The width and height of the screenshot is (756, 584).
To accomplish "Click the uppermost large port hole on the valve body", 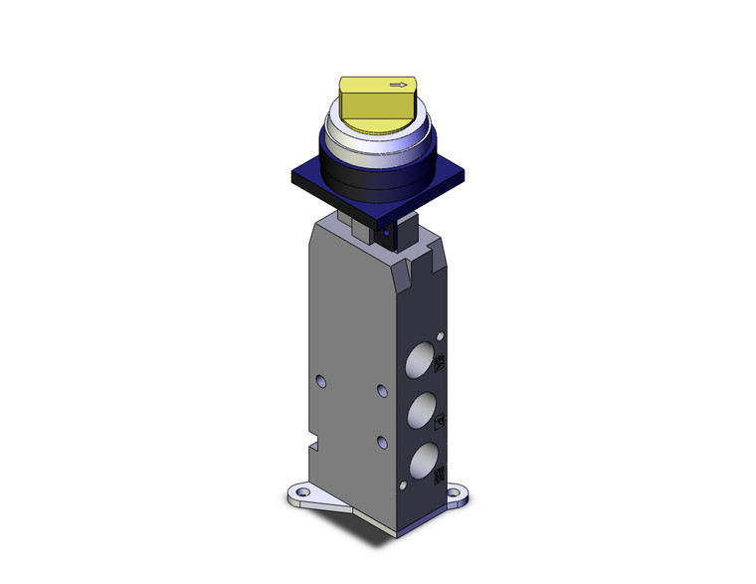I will point(423,356).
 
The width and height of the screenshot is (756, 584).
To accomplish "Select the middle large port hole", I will point(423,408).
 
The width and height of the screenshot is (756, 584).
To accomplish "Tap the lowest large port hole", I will point(423,459).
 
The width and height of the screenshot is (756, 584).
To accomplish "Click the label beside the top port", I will point(443,367).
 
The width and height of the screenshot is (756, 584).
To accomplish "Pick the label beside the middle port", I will point(443,422).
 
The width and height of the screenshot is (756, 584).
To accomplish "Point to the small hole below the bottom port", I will point(402,485).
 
